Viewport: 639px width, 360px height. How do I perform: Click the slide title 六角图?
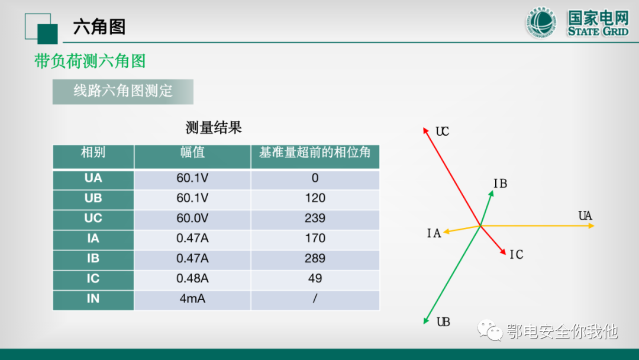coord(99,27)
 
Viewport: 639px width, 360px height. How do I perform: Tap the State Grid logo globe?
coord(541,23)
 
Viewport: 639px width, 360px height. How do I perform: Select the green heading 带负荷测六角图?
coord(90,61)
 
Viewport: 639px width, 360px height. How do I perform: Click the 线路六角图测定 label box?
coord(122,91)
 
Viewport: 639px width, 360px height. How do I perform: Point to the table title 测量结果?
coord(214,127)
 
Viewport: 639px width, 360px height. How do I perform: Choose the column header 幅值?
coord(192,153)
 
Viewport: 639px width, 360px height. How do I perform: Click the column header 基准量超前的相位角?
coord(315,153)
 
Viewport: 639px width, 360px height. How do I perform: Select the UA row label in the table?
coord(93,178)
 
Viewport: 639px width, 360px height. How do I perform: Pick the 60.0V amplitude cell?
coord(192,218)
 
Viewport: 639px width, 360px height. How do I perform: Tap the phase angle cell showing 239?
coord(315,218)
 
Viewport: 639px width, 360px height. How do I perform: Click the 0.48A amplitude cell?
coord(192,278)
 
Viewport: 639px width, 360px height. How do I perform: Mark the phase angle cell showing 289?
coord(315,258)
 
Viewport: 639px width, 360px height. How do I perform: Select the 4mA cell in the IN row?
coord(192,298)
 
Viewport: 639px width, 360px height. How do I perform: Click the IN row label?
coord(93,298)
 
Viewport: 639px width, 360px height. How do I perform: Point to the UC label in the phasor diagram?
coord(443,131)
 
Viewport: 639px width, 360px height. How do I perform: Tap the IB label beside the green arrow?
coord(500,184)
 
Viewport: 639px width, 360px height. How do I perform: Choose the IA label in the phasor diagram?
coord(434,233)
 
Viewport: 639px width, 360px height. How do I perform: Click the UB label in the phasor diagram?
coord(443,322)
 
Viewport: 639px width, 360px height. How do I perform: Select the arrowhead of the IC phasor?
coord(504,253)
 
